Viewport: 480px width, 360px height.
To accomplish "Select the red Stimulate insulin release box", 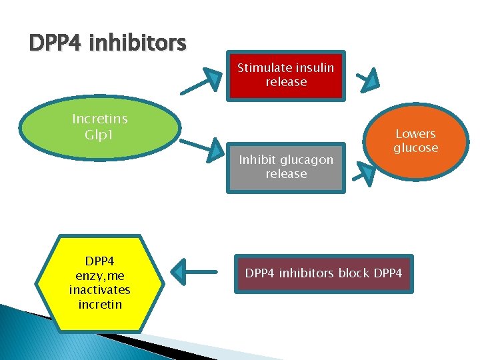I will [286, 75].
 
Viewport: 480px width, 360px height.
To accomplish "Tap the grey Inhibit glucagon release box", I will [286, 167].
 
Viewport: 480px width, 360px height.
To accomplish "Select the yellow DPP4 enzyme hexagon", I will [99, 283].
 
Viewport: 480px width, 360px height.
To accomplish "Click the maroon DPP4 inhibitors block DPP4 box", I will [323, 273].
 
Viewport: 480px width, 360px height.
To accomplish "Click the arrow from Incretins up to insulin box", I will [203, 81].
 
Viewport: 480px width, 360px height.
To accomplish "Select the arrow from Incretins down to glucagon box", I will [203, 147].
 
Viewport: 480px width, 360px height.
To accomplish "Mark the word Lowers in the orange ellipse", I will [415, 134].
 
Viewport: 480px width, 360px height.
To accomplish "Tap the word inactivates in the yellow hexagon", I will [99, 290].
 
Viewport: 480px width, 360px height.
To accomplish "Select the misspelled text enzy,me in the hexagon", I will [99, 275].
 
